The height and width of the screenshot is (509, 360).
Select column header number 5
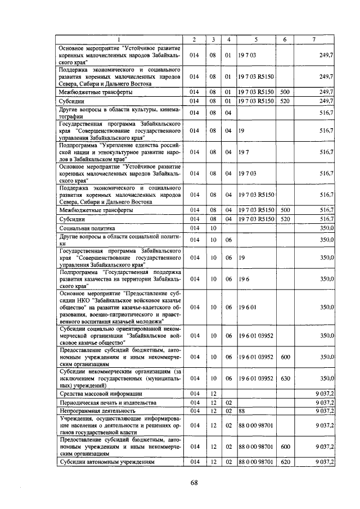(256, 39)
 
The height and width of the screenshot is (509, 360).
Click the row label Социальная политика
(87, 229)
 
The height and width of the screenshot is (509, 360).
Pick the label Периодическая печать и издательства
(105, 403)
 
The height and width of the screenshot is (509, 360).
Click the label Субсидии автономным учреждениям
(102, 462)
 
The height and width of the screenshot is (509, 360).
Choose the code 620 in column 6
(285, 462)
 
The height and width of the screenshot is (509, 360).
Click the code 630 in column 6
(285, 379)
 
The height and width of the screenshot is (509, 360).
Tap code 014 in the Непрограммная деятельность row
(194, 411)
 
